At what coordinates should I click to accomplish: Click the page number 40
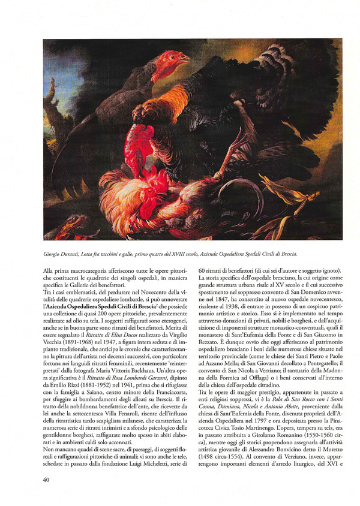point(46,480)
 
